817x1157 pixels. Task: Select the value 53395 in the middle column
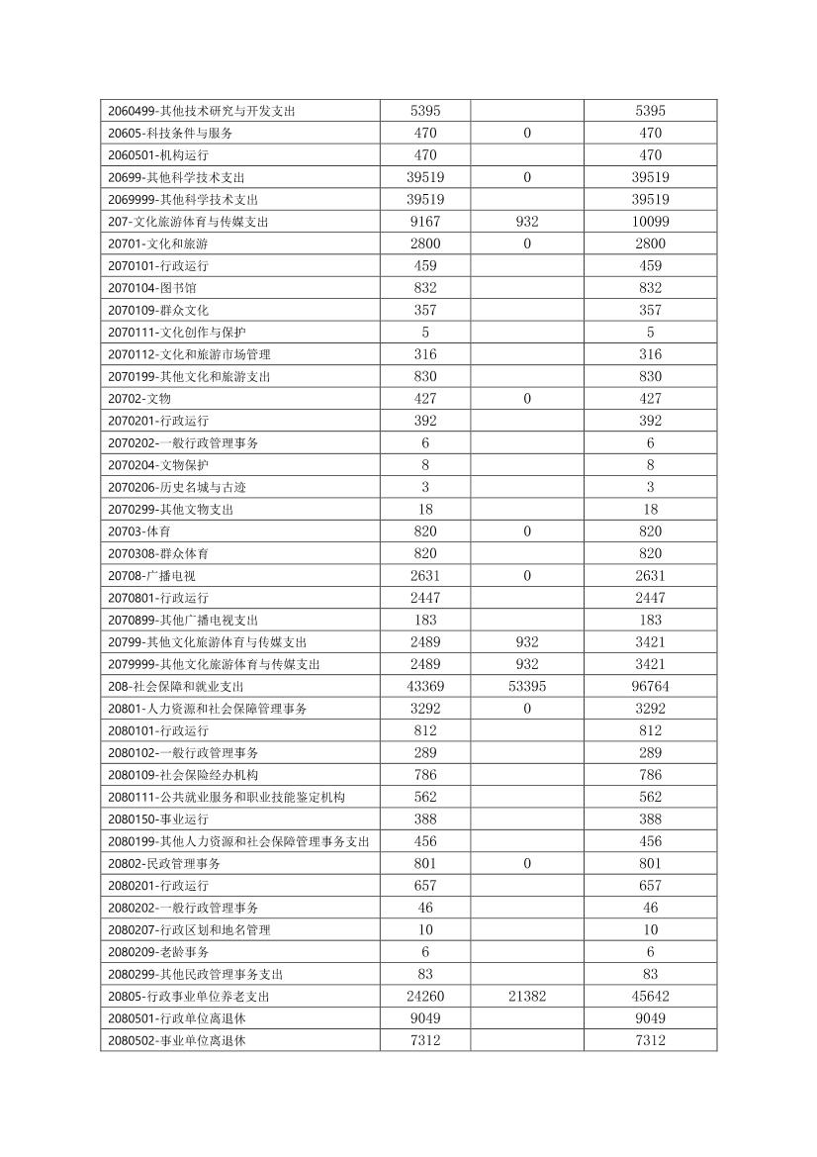coord(527,687)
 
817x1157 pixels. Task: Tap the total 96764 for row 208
coord(650,687)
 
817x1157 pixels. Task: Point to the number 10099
coord(650,222)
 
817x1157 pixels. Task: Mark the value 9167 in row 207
coord(425,222)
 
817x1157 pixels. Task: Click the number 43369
coord(425,687)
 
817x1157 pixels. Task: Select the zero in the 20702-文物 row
coord(527,399)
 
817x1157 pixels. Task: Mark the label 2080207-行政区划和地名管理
coord(189,930)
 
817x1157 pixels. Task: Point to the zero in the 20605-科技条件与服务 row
coord(527,133)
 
